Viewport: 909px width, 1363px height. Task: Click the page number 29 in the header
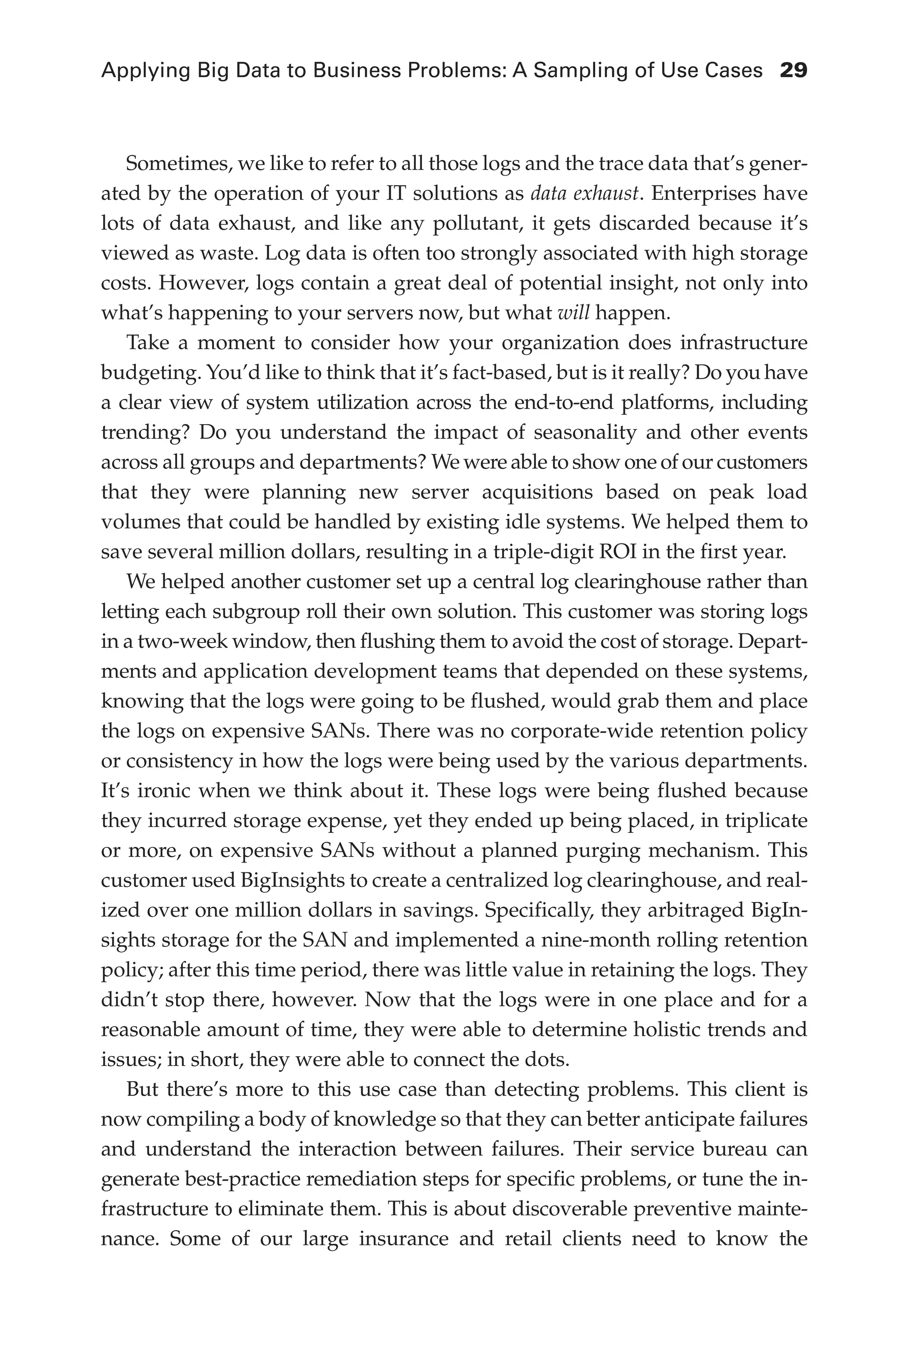click(x=793, y=71)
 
